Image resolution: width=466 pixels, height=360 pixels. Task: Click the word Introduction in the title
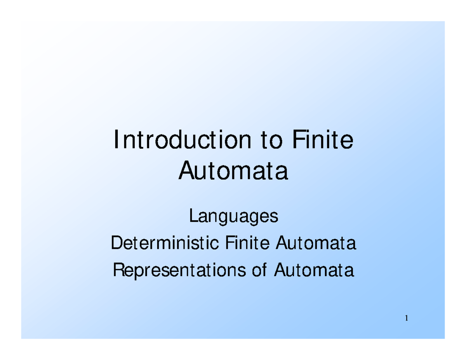[183, 139]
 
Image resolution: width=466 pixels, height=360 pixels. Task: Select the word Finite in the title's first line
[323, 139]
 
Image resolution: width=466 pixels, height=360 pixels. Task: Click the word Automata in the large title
[233, 170]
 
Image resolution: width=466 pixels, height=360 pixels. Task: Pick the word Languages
[234, 216]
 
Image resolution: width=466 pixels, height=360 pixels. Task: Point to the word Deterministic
[165, 242]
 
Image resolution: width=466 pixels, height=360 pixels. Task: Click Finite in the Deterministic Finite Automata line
[247, 242]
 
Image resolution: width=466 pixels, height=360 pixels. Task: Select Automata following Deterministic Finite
[316, 242]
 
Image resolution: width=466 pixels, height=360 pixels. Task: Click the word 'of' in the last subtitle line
[259, 270]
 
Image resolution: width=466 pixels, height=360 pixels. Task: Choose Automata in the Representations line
[314, 270]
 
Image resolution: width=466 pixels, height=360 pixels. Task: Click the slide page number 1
[406, 318]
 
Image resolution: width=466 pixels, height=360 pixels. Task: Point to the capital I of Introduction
[116, 139]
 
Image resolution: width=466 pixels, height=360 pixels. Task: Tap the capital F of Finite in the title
[299, 139]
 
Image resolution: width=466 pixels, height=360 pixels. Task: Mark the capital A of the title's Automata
[186, 170]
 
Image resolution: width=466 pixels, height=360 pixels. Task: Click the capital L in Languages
[194, 215]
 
